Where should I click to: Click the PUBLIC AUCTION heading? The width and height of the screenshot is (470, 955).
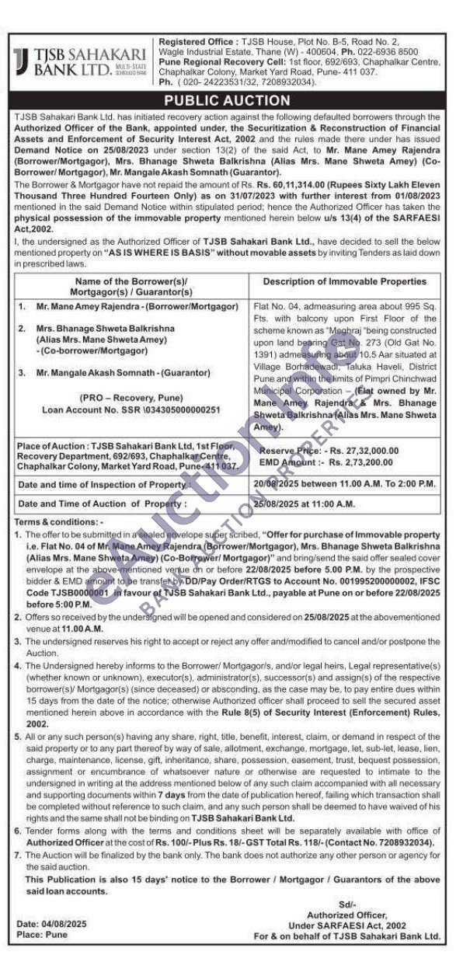pos(235,101)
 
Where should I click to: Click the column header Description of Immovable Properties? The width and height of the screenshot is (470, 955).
pos(344,281)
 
